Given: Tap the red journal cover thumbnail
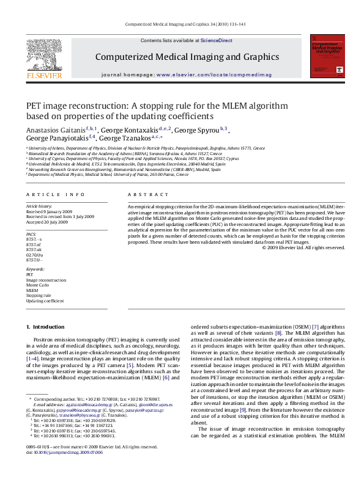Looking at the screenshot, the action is click(325, 58).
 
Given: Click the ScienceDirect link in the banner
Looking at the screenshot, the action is click(217, 40).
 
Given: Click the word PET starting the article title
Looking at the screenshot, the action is click(33, 106).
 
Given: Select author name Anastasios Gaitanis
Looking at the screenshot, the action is click(54, 130).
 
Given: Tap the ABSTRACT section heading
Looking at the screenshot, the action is click(143, 194).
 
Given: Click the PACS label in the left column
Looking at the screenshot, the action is click(31, 233).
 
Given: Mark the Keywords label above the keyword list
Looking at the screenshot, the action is click(35, 268).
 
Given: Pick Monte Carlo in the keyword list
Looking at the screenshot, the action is click(37, 285).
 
